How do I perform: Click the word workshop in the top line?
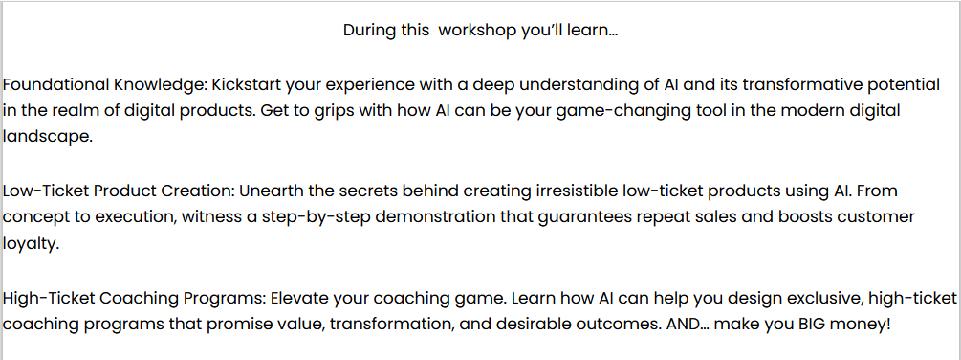(478, 31)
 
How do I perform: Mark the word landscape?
(48, 138)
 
